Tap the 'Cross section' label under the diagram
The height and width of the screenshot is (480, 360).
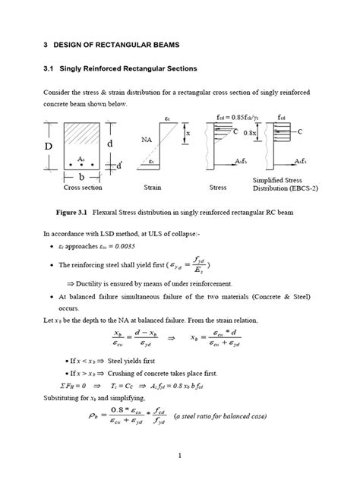tap(84, 186)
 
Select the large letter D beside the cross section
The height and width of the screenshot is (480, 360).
tap(49, 144)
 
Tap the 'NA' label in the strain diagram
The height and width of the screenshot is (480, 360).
tap(148, 140)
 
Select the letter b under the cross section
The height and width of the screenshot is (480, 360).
tap(81, 175)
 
